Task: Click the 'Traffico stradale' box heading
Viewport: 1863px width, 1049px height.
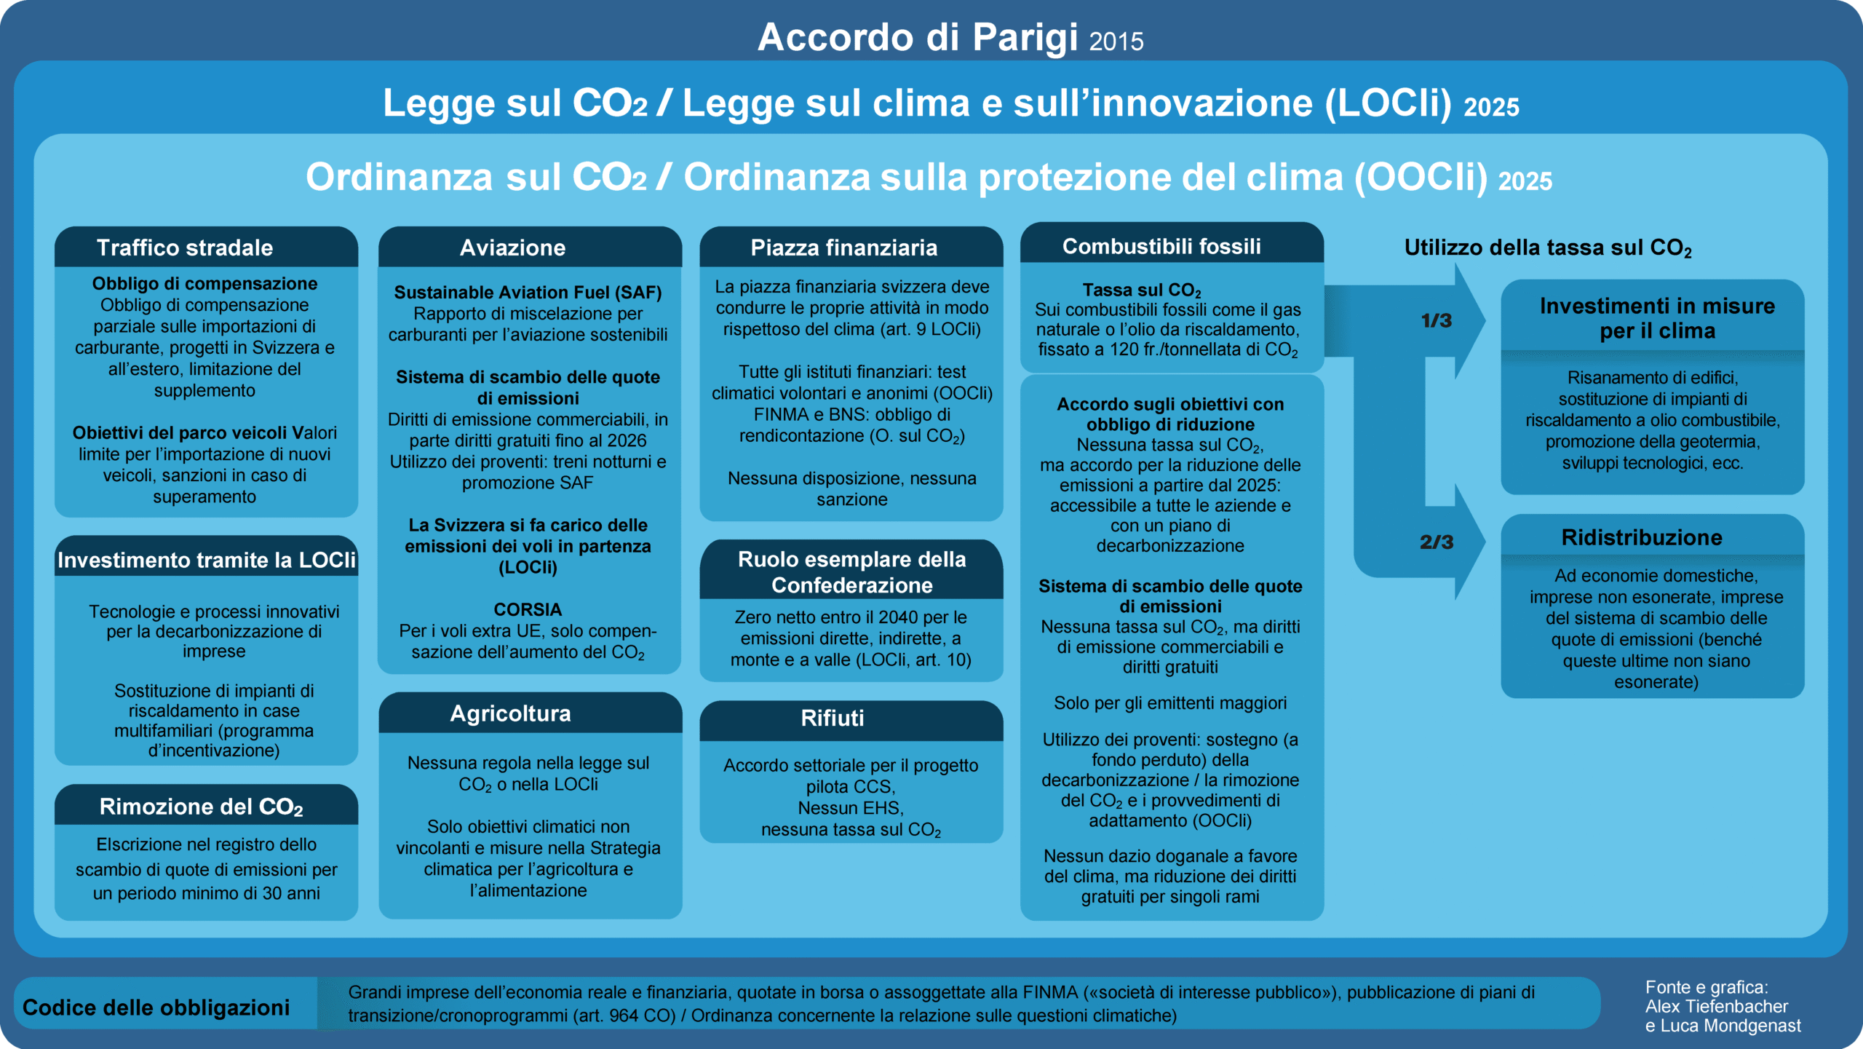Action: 185,248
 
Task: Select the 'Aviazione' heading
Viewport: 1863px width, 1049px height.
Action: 512,248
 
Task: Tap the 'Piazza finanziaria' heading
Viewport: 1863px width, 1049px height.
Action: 843,248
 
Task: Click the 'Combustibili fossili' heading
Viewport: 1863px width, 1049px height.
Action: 1161,246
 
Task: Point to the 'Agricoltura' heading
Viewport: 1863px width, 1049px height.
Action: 510,713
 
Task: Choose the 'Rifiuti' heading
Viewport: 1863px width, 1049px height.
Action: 832,718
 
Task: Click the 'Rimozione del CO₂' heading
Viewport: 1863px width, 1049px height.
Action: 201,807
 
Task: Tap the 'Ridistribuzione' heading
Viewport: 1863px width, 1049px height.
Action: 1642,537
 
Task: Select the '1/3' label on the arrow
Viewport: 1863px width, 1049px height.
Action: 1436,320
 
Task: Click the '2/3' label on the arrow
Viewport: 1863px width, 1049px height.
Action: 1436,542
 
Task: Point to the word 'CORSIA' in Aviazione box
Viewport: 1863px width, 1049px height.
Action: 528,609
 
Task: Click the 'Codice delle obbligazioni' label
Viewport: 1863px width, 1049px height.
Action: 156,1008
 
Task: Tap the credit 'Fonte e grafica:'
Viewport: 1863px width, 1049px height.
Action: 1706,987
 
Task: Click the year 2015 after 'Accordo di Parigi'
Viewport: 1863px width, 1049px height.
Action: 1116,41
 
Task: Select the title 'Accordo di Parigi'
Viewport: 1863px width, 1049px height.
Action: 917,37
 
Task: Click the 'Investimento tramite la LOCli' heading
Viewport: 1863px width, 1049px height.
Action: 207,560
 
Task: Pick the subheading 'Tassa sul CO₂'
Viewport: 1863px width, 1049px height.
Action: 1141,290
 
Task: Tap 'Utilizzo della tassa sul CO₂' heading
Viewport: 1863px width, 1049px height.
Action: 1547,248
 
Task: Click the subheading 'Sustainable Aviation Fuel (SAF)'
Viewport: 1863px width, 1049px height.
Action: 528,292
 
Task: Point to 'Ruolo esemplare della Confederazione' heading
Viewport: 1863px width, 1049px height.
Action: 851,571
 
